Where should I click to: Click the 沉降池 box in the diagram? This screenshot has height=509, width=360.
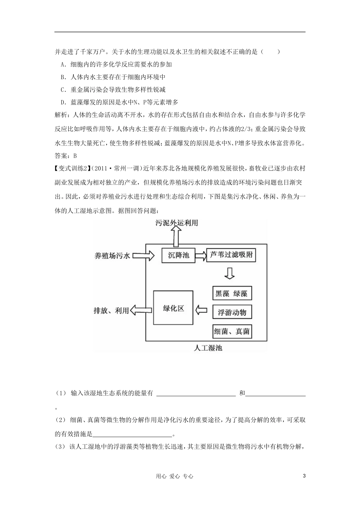178,256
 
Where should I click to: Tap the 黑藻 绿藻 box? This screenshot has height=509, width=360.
232,294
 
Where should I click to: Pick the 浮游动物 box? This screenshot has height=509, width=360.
232,312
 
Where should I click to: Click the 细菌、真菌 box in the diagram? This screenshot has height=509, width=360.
232,331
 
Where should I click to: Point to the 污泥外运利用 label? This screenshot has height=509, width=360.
177,223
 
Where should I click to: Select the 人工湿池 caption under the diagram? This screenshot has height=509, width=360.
208,348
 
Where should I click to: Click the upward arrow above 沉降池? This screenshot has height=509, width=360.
177,237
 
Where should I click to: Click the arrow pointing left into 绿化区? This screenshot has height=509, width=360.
201,310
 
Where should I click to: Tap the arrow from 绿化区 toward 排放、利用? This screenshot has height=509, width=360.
141,310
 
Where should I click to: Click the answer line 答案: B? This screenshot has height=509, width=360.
66,155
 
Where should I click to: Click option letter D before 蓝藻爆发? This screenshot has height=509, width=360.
63,102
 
